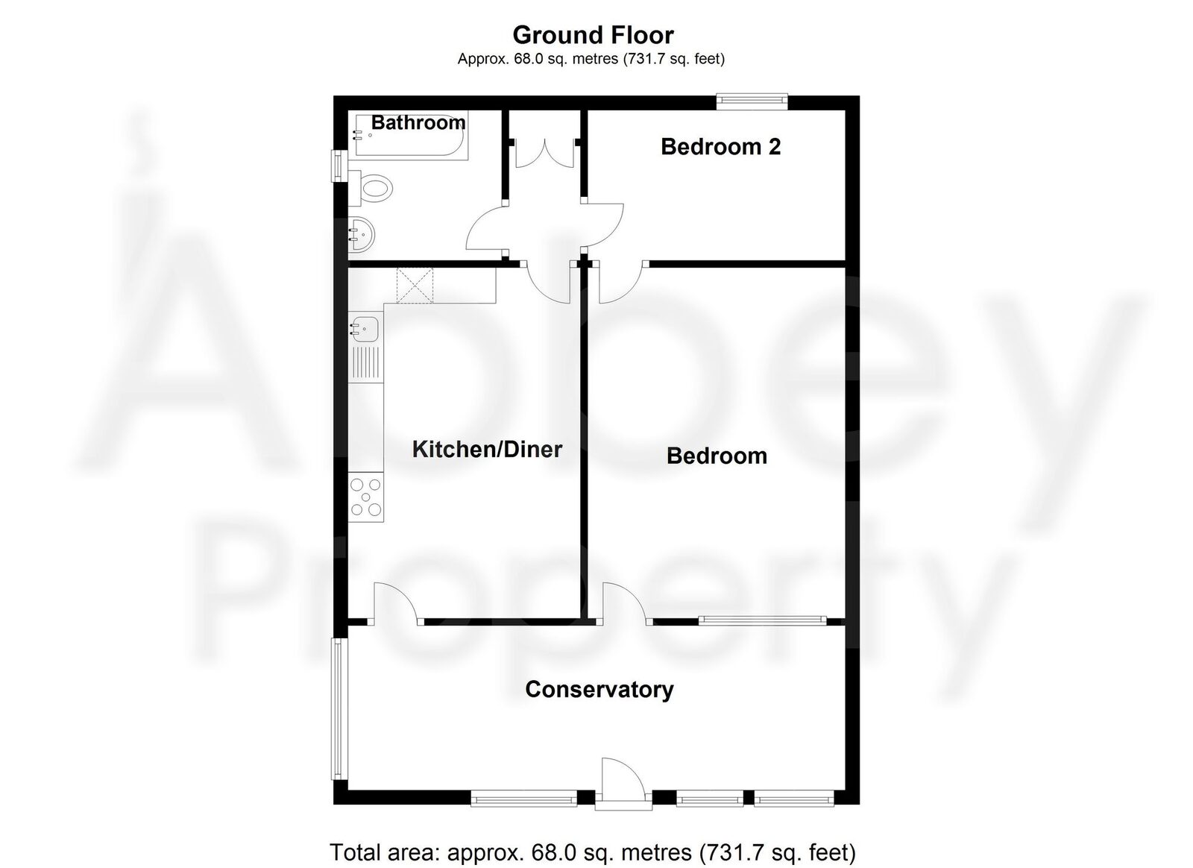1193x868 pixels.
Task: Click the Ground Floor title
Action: coord(593,35)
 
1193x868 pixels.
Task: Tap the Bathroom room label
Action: coord(418,123)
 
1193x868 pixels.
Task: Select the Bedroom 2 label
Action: coord(720,147)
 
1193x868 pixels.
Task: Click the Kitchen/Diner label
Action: coord(487,449)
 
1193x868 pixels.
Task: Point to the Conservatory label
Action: coord(599,689)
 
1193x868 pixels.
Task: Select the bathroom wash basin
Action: coord(362,233)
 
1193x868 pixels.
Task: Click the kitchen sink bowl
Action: coord(365,327)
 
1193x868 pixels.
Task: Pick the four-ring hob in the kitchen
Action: coord(366,497)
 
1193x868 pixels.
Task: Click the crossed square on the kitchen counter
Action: coord(415,286)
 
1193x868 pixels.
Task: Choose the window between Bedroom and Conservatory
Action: coord(762,619)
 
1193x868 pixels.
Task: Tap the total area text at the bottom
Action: coord(593,851)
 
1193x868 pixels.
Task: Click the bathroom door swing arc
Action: coord(485,227)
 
